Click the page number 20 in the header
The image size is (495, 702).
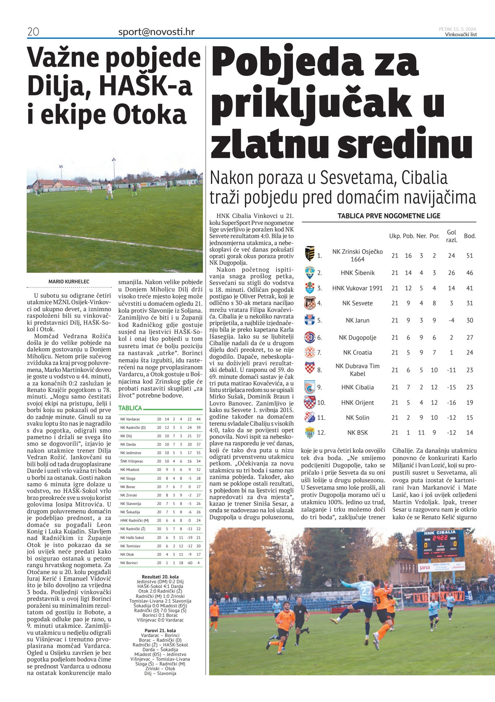coord(33,32)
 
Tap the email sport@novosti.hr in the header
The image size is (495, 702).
coord(156,32)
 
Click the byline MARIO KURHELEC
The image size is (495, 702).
coord(69,282)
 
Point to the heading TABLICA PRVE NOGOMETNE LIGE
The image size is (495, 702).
coord(389,216)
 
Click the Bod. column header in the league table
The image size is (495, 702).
coord(469,236)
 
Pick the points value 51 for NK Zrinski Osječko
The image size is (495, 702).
coord(469,256)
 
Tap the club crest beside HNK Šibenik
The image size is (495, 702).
coord(310,273)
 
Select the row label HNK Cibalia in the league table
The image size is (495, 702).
coord(357,387)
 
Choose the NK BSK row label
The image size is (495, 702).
coord(357,433)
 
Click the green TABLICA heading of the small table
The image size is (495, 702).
coord(130,408)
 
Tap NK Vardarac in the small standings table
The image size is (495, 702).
coord(130,419)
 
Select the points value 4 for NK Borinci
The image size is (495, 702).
coord(199,563)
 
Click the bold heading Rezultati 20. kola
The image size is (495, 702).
coord(160,577)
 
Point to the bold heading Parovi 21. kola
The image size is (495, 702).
coord(160,630)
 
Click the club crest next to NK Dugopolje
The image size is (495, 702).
coord(310,337)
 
